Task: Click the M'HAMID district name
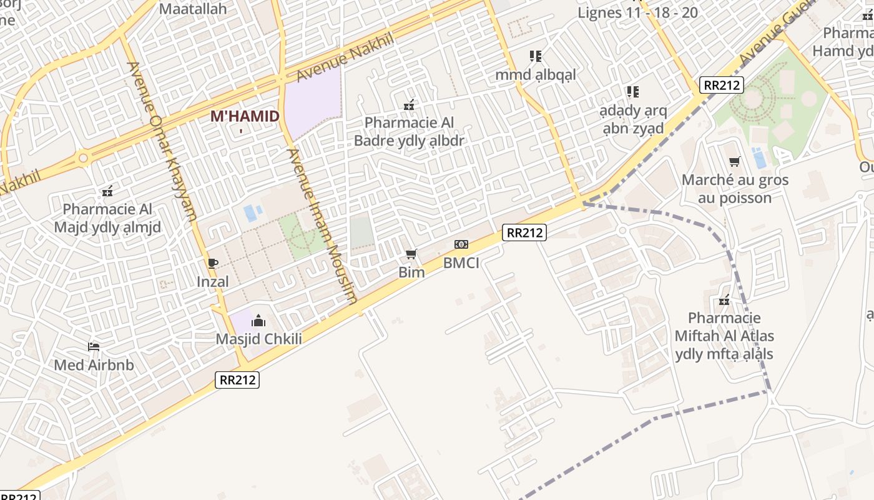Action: pyautogui.click(x=244, y=117)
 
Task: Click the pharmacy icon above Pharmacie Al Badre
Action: pyautogui.click(x=410, y=106)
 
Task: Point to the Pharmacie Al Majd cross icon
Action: pyautogui.click(x=107, y=191)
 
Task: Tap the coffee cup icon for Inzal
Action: pyautogui.click(x=213, y=263)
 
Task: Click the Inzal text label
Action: pyautogui.click(x=213, y=282)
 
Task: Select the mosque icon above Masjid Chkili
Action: pyautogui.click(x=258, y=321)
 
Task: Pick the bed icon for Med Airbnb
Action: pyautogui.click(x=94, y=347)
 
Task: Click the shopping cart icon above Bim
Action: pyautogui.click(x=411, y=254)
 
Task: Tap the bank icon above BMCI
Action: pyautogui.click(x=461, y=244)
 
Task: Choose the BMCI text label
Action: pyautogui.click(x=461, y=263)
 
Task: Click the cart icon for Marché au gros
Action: pyautogui.click(x=735, y=162)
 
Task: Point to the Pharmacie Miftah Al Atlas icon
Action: pyautogui.click(x=724, y=301)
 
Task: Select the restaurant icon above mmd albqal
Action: pyautogui.click(x=535, y=56)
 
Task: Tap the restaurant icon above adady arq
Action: pyautogui.click(x=633, y=92)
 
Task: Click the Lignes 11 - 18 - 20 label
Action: pyautogui.click(x=637, y=12)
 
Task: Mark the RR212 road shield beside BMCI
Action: pyautogui.click(x=525, y=233)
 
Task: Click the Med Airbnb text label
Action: pyautogui.click(x=94, y=365)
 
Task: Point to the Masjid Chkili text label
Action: pyautogui.click(x=258, y=339)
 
